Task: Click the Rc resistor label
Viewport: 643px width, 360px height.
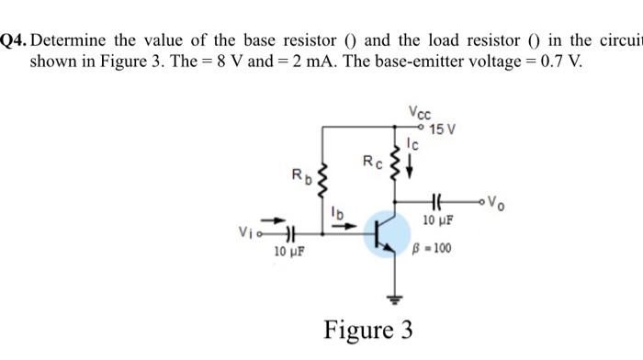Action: (x=369, y=163)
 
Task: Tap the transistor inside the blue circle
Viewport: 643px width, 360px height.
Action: (x=386, y=235)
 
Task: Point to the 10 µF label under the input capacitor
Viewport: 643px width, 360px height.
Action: (x=291, y=253)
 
